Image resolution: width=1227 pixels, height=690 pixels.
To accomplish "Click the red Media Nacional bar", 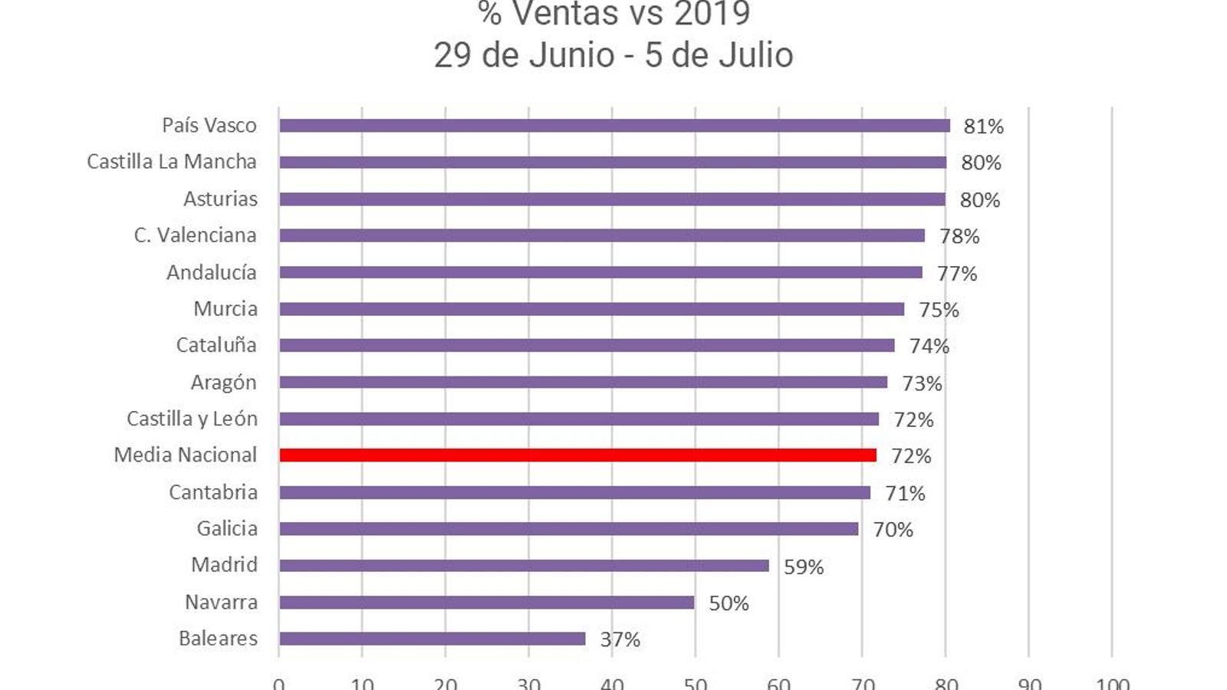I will point(577,455).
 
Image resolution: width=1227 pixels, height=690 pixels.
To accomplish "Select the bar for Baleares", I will point(432,639).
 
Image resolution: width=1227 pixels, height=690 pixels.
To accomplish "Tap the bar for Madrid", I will point(524,566).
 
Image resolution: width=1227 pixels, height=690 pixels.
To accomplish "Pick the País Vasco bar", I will point(614,126).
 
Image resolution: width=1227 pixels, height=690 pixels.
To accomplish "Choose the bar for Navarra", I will point(486,603).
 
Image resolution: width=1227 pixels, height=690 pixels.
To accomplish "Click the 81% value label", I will point(983,127).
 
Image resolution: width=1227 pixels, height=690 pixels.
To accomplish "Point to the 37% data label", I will point(620,639).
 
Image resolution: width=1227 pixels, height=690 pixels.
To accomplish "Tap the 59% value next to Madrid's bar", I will point(803,567).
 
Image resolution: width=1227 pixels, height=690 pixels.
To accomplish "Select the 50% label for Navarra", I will point(729,603).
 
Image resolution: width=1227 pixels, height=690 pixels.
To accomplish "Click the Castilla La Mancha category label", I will point(171,162).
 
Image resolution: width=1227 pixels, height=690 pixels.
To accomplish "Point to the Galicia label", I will point(227,528).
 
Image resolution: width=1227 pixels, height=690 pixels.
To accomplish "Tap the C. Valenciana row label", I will point(195,235).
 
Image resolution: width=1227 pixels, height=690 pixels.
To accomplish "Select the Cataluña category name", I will point(216,345).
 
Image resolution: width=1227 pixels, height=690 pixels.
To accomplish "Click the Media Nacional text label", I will point(185,455).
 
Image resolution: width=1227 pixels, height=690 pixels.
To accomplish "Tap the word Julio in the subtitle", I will point(756,55).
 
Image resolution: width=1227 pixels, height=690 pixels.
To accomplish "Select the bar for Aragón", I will point(583,383).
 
